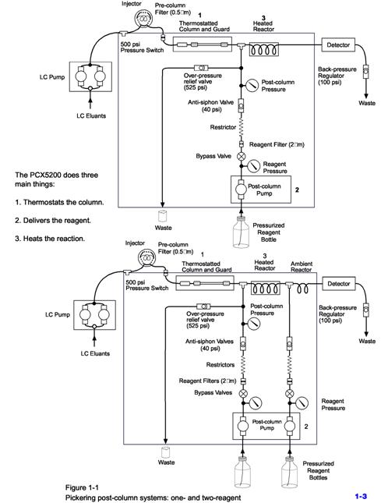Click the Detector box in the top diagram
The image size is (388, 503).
pos(338,45)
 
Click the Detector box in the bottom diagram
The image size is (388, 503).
pos(339,284)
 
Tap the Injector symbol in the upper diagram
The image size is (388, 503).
pos(143,18)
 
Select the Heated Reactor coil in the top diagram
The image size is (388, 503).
pos(263,50)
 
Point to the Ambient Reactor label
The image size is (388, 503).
pos(302,267)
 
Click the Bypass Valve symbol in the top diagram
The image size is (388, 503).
pos(241,156)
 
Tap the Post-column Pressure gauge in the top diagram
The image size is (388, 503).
pos(252,85)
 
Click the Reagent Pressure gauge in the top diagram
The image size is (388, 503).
pos(254,166)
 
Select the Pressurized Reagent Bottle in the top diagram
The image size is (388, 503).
pos(241,232)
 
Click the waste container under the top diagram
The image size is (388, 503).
pos(162,216)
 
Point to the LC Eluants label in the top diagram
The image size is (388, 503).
pos(91,115)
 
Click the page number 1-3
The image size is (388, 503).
pos(361,496)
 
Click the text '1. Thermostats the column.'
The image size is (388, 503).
pos(59,203)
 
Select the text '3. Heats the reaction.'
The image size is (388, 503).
pos(50,239)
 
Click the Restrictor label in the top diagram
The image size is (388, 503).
pos(223,127)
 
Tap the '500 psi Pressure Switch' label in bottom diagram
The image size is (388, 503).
pos(146,285)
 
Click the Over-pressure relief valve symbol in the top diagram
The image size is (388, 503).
pos(201,68)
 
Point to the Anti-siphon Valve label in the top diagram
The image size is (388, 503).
pos(211,106)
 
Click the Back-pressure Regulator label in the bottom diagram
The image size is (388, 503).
pos(337,314)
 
